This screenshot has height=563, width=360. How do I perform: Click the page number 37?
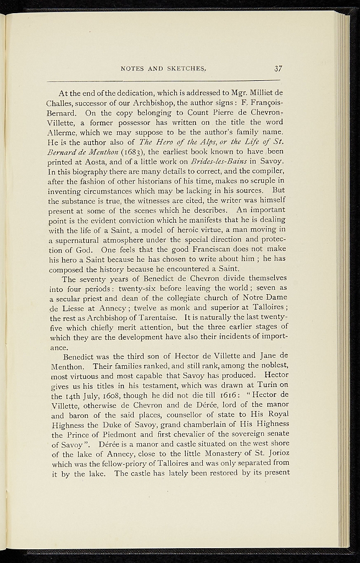tap(278, 69)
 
